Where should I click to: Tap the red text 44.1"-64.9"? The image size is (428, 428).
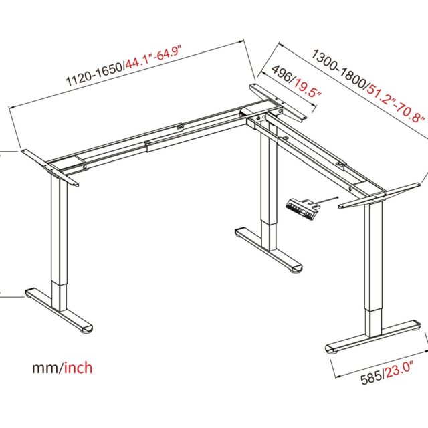153,58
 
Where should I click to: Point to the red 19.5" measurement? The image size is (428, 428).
307,88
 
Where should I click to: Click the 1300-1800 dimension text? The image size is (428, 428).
339,69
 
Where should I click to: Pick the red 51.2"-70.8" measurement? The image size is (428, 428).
395,105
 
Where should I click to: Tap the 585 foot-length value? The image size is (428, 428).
371,379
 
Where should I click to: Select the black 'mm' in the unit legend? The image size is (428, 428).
45,368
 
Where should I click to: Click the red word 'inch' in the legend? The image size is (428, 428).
78,367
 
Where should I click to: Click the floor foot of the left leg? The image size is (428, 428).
59,310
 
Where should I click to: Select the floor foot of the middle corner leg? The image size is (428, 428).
269,249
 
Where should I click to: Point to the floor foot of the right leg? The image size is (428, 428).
373,337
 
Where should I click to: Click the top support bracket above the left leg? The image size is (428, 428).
50,168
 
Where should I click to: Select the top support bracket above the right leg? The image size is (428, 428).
378,195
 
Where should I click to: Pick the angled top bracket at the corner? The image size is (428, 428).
278,103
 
